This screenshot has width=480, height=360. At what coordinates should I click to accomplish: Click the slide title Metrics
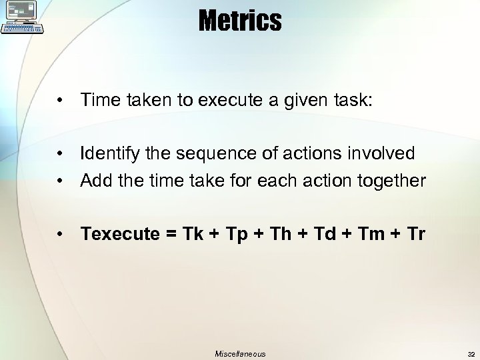239,21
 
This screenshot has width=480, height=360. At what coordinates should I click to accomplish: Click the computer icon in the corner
23,17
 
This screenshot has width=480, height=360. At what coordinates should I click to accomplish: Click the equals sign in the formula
171,235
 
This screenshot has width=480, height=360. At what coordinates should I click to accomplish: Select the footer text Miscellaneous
240,354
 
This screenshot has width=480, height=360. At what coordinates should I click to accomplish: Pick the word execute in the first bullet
220,101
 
